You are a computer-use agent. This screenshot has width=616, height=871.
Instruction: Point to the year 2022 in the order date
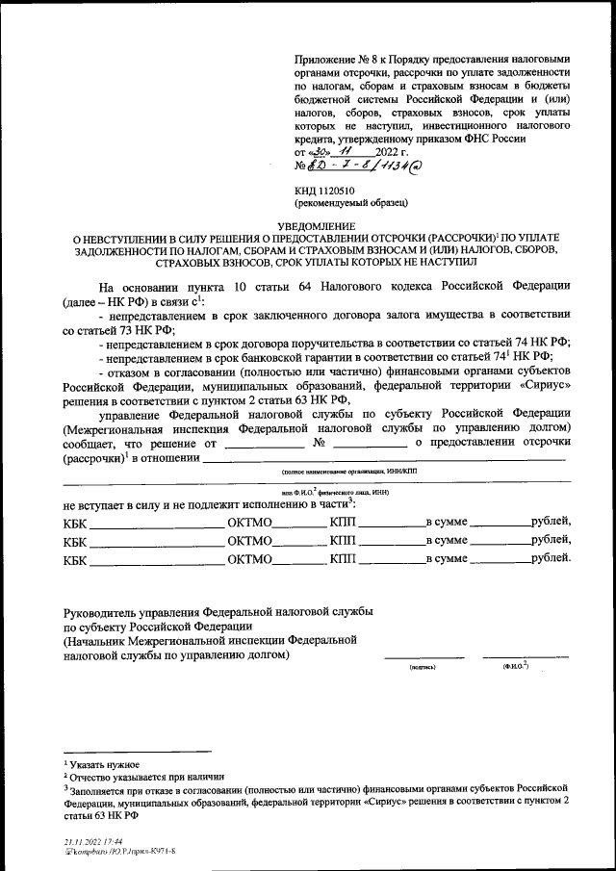click(384, 152)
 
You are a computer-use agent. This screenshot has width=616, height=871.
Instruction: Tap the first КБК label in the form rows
click(74, 523)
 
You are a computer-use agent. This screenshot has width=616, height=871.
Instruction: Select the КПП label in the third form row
click(343, 559)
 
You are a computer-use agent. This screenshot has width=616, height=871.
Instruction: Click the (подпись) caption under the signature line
click(423, 666)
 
